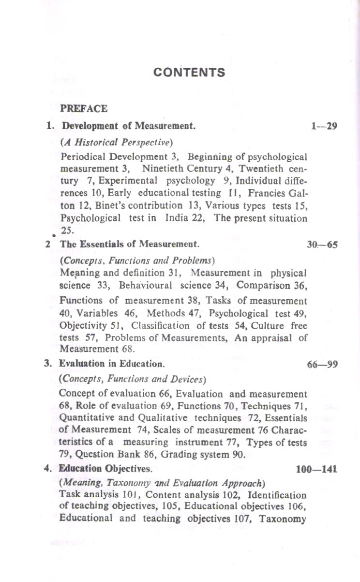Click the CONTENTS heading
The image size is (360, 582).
[x=189, y=73]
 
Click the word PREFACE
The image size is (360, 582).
[x=83, y=108]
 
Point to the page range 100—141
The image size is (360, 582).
[x=316, y=469]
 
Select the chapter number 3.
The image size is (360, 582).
[x=47, y=363]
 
